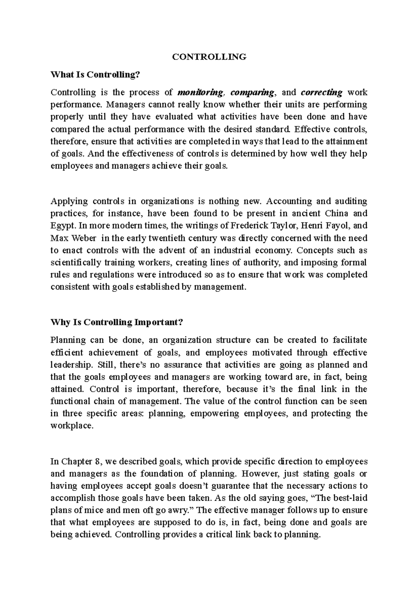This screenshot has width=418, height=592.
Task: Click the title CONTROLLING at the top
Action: (x=209, y=57)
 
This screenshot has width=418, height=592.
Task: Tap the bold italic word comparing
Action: (x=252, y=92)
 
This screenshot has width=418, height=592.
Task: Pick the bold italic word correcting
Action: (x=321, y=92)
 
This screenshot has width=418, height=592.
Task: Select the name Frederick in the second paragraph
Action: (x=248, y=226)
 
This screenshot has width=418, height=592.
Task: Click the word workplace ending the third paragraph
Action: (x=71, y=426)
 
